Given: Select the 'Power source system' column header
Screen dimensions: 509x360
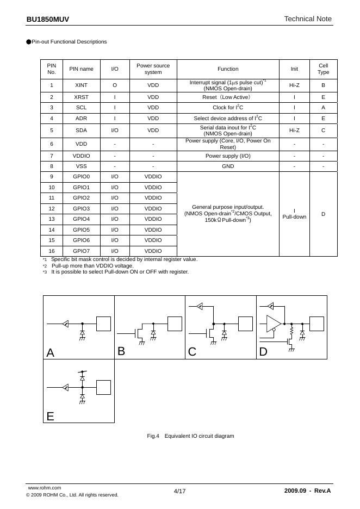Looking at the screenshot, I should coord(153,69).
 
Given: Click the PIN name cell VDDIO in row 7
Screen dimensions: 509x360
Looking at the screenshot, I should coord(81,156).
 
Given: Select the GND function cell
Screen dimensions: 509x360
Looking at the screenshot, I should coord(228,166).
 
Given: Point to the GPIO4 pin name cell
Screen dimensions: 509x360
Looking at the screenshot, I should coord(81,219).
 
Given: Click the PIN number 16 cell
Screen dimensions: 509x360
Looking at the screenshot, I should coord(52,251).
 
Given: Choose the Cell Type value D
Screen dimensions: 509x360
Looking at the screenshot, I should coord(323,214).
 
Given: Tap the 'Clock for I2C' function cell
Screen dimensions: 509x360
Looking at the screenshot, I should coord(228,108).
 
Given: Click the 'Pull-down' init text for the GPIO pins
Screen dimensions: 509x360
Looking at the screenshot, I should coord(294,217).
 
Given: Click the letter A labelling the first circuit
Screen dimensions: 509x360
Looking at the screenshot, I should coord(51,352).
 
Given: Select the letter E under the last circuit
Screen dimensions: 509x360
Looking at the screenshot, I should coord(51,417).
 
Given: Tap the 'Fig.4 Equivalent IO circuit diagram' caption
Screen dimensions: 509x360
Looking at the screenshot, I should coord(190,436).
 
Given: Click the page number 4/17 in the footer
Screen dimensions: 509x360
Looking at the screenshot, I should coord(179,491).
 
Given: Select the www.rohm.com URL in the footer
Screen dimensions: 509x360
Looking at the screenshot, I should coord(44,488).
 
